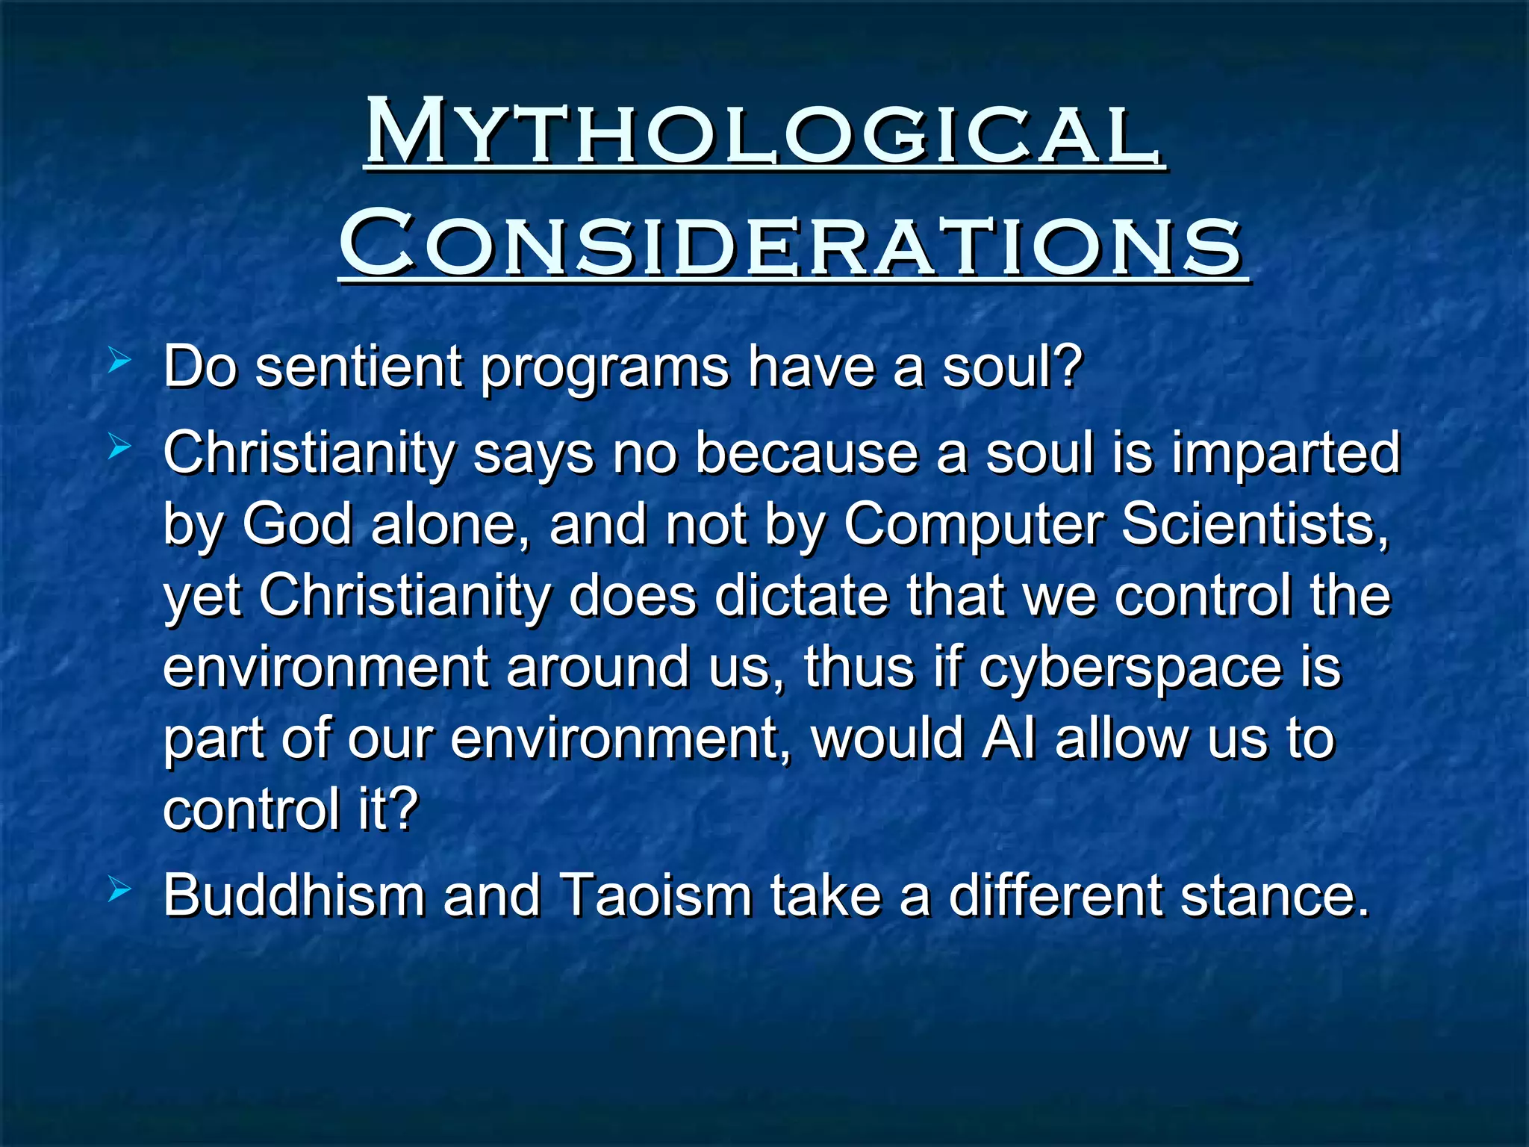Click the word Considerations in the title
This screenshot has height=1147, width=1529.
(791, 243)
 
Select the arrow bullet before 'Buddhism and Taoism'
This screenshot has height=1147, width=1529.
(119, 890)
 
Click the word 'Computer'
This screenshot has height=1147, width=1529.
(974, 527)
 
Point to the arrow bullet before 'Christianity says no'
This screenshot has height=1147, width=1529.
(119, 449)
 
